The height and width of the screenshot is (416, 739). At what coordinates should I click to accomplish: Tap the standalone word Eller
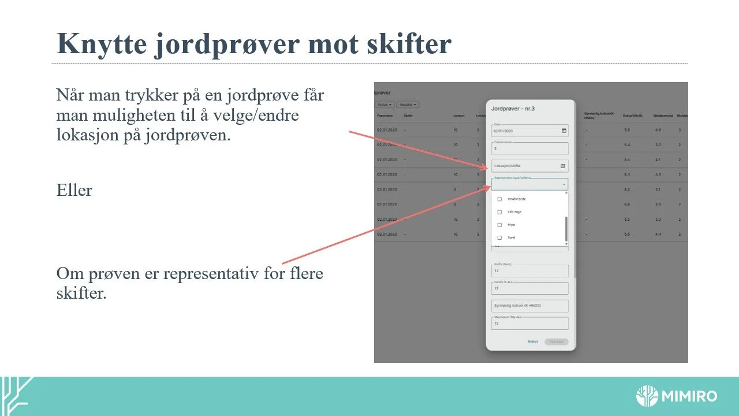coord(74,190)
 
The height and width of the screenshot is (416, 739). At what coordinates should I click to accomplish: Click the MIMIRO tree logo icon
coord(647,396)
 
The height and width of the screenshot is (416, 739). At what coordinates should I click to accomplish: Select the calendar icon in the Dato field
coord(564,131)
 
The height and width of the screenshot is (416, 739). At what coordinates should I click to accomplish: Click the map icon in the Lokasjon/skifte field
coord(563,166)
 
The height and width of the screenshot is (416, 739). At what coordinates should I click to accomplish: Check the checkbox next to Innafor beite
coord(499,199)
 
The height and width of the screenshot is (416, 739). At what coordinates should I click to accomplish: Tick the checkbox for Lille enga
coord(499,212)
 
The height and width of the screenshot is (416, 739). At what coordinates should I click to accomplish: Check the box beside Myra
coord(499,225)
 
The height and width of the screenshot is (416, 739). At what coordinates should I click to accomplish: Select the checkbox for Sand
coord(499,237)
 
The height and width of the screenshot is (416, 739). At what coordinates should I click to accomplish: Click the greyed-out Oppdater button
coord(556,341)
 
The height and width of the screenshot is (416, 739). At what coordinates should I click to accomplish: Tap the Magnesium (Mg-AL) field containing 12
coord(529,324)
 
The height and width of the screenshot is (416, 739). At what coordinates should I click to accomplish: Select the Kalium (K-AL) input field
coord(529,288)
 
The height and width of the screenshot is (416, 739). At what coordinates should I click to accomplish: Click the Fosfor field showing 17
coord(529,270)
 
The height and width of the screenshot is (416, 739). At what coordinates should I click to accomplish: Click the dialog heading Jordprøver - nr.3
coord(513,108)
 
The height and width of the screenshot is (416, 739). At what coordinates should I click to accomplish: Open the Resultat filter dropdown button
coord(407,105)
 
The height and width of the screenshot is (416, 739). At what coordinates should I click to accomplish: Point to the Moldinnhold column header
coord(661,115)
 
